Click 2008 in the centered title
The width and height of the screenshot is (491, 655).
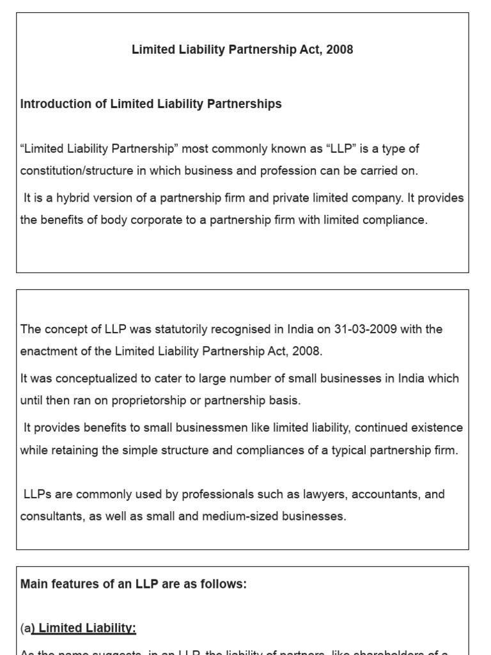[339, 50]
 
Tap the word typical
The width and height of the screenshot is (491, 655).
[352, 450]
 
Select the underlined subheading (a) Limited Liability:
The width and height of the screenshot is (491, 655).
[78, 629]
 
